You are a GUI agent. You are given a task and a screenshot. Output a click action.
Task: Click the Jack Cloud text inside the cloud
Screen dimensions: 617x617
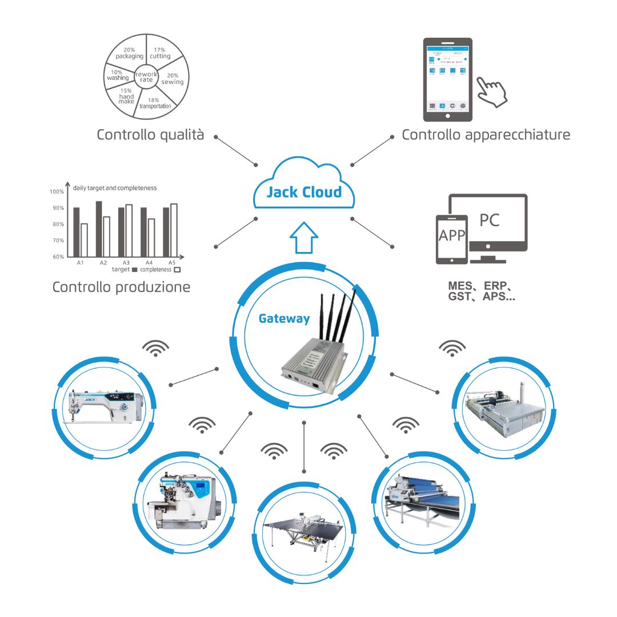(x=304, y=192)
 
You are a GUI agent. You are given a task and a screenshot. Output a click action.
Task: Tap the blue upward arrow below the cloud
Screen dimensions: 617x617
(x=304, y=237)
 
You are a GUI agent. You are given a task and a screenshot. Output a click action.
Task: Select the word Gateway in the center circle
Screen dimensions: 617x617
(x=284, y=318)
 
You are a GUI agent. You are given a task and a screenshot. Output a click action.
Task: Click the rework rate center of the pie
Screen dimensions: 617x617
(x=146, y=77)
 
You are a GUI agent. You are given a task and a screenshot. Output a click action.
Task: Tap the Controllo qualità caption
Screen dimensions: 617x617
(x=150, y=135)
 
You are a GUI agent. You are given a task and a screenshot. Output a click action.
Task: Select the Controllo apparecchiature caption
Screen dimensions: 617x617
(x=486, y=135)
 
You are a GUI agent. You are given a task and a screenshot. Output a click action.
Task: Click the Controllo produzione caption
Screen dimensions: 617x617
(x=121, y=287)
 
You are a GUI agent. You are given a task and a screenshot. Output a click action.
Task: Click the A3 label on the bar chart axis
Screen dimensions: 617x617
(x=126, y=263)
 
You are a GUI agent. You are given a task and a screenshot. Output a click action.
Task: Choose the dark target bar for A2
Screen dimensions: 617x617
(x=99, y=229)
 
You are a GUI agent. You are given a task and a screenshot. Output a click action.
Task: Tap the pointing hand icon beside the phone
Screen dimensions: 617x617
(x=492, y=90)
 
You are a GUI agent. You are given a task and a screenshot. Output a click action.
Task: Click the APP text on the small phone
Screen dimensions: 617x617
(x=451, y=235)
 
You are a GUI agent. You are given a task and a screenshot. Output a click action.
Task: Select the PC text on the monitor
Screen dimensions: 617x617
(x=489, y=219)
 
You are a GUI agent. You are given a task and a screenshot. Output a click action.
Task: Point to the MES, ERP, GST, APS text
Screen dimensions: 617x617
(x=482, y=291)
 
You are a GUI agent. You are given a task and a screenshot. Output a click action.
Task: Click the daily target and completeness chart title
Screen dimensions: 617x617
(x=115, y=187)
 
